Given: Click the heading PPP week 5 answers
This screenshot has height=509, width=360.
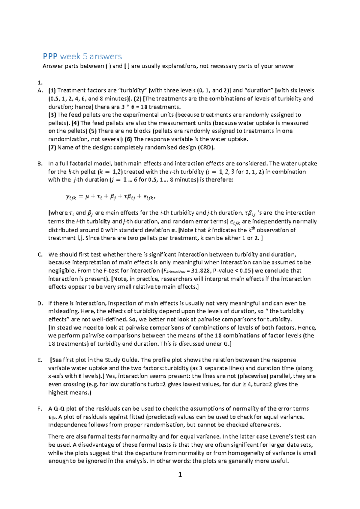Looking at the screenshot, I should [x=82, y=56].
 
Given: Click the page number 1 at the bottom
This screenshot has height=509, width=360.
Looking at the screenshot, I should [x=180, y=475].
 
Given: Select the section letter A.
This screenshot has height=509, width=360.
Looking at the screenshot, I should [x=40, y=91].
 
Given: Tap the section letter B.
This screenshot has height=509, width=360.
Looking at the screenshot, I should [x=40, y=164].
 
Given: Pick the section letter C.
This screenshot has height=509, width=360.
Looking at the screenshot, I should [x=40, y=255].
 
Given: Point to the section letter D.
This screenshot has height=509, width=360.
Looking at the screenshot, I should [x=40, y=303].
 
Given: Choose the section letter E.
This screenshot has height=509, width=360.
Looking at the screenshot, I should [x=40, y=360].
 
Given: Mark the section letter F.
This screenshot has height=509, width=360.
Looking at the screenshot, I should [x=40, y=409].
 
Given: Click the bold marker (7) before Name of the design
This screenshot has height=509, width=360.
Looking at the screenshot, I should [x=52, y=147].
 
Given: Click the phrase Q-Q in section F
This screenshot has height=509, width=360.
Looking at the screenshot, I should [x=59, y=409].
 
